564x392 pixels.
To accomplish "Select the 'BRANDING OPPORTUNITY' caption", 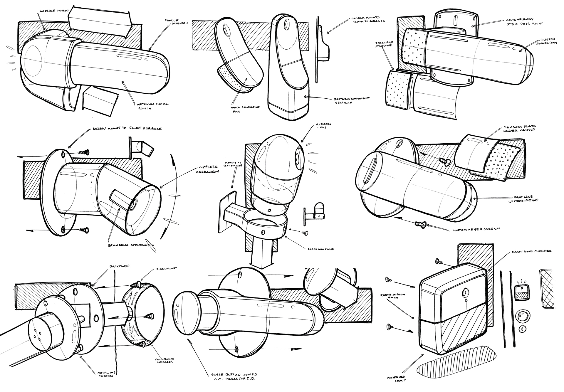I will (131, 245).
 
